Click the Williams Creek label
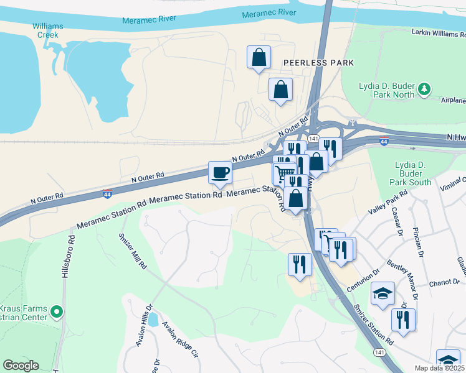(49, 31)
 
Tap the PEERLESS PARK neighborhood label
(318, 63)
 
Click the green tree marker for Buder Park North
(424, 90)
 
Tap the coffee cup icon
(220, 173)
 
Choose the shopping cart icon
(284, 173)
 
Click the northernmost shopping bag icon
(259, 57)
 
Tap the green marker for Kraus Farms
(57, 311)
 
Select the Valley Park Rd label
(388, 203)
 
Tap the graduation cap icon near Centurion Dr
(383, 293)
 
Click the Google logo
(21, 366)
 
